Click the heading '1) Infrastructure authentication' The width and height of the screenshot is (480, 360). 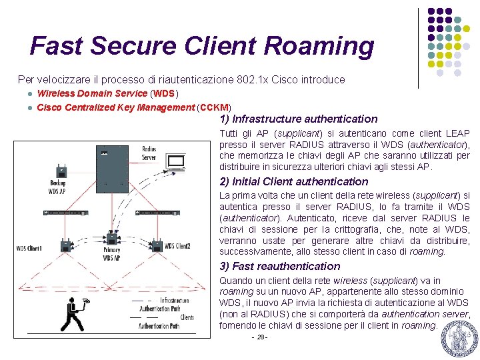pos(298,119)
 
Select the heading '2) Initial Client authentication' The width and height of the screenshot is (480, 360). pos(293,181)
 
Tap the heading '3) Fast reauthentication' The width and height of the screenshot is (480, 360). pos(280,267)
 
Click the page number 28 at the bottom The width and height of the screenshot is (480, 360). pos(259,337)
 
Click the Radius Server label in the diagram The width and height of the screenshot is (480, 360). pos(149,153)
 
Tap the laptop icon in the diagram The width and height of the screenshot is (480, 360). pos(176,162)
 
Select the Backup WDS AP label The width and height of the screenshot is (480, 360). pos(58,187)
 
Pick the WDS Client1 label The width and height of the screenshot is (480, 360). pos(29,249)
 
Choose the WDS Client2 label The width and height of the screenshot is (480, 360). pos(177,246)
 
